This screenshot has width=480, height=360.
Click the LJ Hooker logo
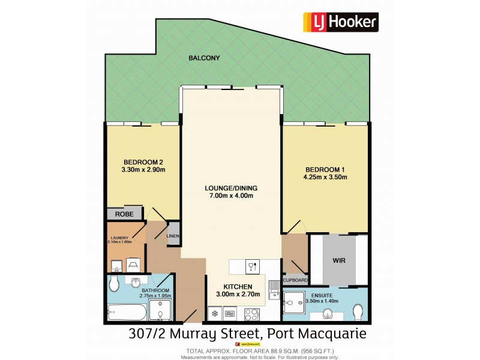pyautogui.click(x=340, y=22)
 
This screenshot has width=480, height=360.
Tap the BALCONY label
pyautogui.click(x=205, y=58)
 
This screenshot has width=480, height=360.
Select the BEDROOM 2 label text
pyautogui.click(x=143, y=162)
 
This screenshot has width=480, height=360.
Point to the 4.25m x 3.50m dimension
pyautogui.click(x=325, y=177)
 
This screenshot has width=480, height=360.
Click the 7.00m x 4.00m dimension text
pyautogui.click(x=231, y=196)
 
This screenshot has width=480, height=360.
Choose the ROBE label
pyautogui.click(x=124, y=213)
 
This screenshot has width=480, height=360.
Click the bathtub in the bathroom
pyautogui.click(x=126, y=313)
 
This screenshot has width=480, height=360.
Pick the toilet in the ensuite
pyautogui.click(x=359, y=312)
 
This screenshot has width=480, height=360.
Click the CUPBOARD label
pyautogui.click(x=295, y=280)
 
